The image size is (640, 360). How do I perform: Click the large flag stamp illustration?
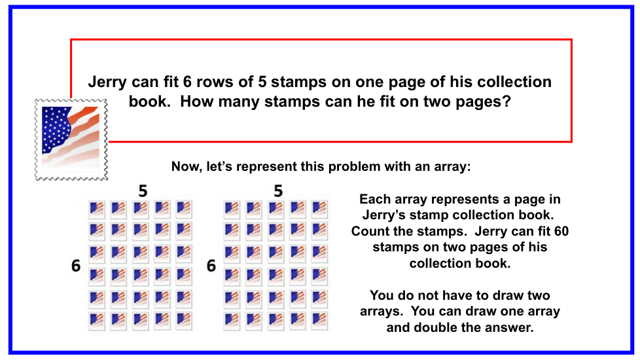(x=71, y=139)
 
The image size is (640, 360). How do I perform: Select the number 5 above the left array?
(x=143, y=191)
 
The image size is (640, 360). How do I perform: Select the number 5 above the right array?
(x=278, y=191)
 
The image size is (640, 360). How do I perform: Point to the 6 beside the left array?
(x=76, y=266)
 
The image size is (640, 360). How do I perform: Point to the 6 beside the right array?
(x=211, y=266)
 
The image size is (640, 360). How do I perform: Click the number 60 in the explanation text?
(x=561, y=232)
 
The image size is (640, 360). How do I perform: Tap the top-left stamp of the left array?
(x=97, y=209)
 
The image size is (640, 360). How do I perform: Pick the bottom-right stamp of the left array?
(x=184, y=321)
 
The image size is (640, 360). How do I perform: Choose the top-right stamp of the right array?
(x=319, y=209)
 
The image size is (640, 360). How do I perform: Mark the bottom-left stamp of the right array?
(x=232, y=321)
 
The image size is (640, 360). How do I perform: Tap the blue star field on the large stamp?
(x=57, y=128)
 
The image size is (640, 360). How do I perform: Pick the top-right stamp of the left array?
(x=184, y=209)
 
